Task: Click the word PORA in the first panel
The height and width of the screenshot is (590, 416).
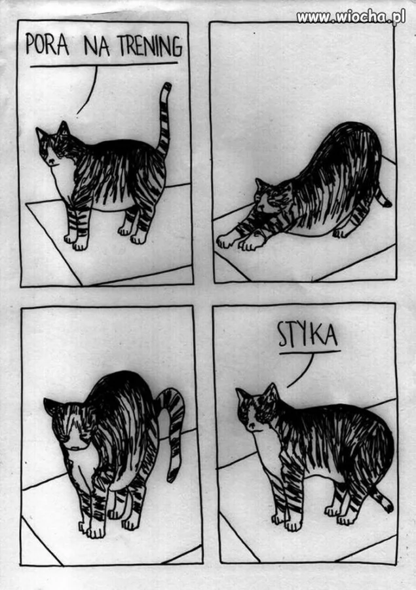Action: coord(47,45)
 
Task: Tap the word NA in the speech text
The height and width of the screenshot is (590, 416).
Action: coord(97,46)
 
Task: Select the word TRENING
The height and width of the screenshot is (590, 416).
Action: coord(150,46)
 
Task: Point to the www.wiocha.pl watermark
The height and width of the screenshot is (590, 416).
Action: coord(350,17)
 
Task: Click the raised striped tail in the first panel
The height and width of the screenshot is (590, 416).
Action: coord(164,121)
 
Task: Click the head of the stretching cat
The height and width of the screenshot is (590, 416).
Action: coord(270,197)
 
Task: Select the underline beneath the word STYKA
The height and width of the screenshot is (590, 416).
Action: coord(310,353)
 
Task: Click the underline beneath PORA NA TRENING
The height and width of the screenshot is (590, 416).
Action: coord(104,65)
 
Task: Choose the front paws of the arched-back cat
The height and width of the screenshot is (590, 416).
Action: coord(92,528)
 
